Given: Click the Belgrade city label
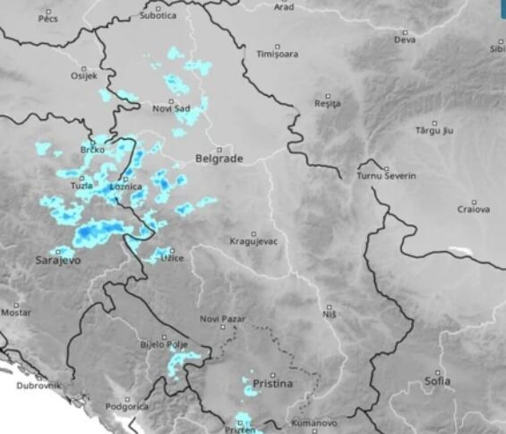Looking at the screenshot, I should tap(219, 159).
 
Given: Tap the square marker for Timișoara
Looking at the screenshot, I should tap(277, 46).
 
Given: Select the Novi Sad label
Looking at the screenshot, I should tap(171, 108).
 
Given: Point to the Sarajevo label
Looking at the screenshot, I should tap(58, 260).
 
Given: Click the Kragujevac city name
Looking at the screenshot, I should tap(254, 241).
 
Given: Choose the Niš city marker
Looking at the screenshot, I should tap(329, 307).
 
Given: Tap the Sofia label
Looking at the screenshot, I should tap(438, 381).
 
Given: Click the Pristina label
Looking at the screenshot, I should tap(273, 383).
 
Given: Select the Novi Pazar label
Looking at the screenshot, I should tap(223, 319).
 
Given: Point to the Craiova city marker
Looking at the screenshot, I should tap(474, 202).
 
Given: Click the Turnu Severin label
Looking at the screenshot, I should tap(387, 176).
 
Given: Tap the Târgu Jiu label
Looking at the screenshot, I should tap(434, 131).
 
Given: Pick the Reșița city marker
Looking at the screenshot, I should tap(327, 96).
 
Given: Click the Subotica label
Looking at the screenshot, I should tap(158, 16).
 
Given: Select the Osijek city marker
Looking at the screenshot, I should tap(84, 68).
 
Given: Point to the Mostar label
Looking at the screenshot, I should tap(16, 312).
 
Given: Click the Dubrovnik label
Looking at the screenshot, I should tap(39, 385).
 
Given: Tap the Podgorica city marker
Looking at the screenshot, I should tap(127, 399).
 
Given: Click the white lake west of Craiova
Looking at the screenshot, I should tap(460, 251).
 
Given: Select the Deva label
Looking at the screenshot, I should tap(405, 40).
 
